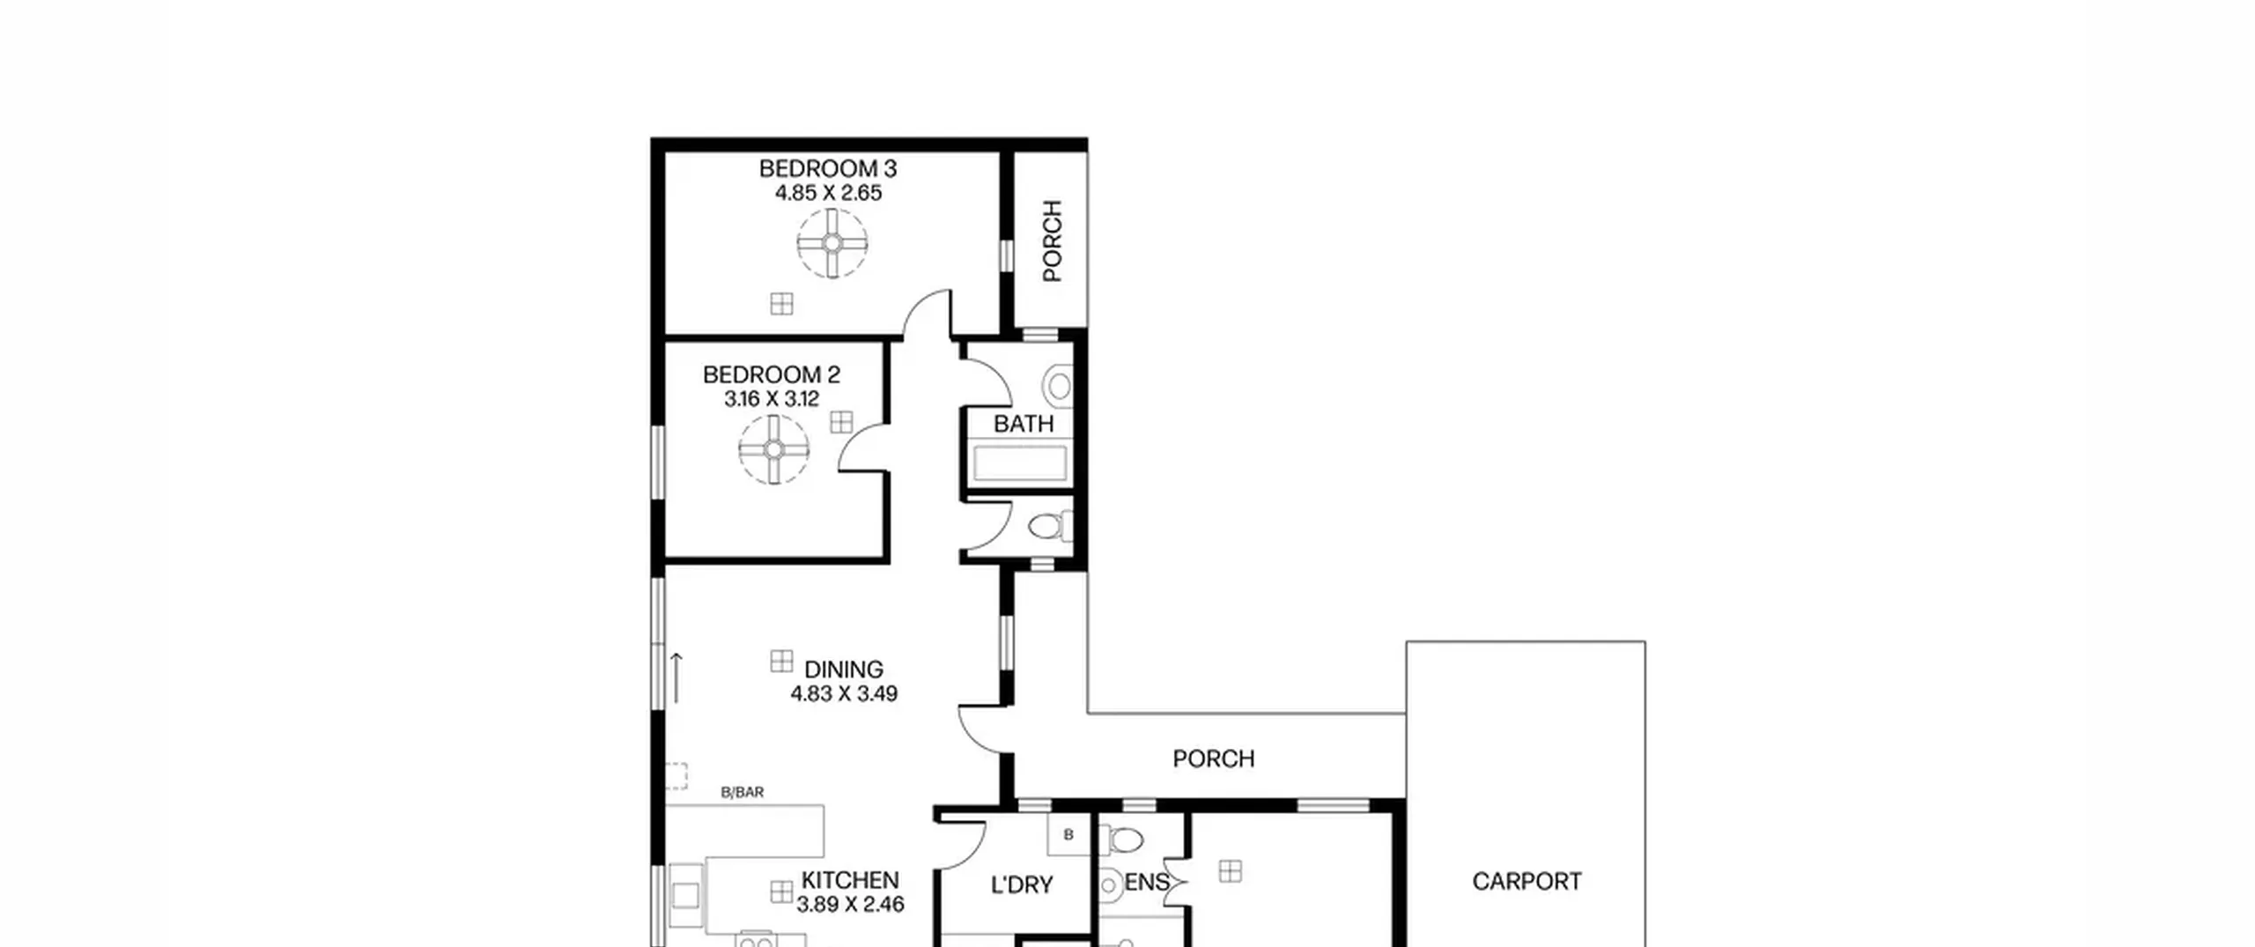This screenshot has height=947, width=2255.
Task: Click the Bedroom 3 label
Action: pos(828,168)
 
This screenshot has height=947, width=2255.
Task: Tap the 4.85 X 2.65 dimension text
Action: pos(828,193)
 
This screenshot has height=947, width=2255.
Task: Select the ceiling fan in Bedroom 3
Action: pos(832,243)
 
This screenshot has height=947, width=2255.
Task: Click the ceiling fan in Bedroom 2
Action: pos(773,450)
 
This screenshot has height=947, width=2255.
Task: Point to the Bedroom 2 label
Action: pos(772,374)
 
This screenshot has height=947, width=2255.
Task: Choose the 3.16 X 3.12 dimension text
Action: pos(772,399)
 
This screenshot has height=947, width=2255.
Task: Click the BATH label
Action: pos(1024,424)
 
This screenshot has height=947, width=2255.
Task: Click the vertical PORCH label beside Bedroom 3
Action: pos(1053,240)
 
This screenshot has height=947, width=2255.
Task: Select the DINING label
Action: pos(844,670)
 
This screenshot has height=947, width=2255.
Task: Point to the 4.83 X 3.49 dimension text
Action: pos(844,694)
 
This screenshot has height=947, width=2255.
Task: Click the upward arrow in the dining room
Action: pos(676,677)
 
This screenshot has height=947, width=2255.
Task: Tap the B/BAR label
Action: pos(743,792)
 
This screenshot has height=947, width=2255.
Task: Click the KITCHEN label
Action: pos(850,880)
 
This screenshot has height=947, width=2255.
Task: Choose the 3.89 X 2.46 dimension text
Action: pos(850,905)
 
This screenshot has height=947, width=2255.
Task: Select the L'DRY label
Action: pos(1022,884)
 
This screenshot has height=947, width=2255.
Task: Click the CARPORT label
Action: pos(1527,881)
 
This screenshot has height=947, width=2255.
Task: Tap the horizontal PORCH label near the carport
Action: pos(1214,758)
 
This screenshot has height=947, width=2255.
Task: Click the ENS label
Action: pos(1147,882)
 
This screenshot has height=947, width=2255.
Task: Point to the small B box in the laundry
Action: pos(1068,834)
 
